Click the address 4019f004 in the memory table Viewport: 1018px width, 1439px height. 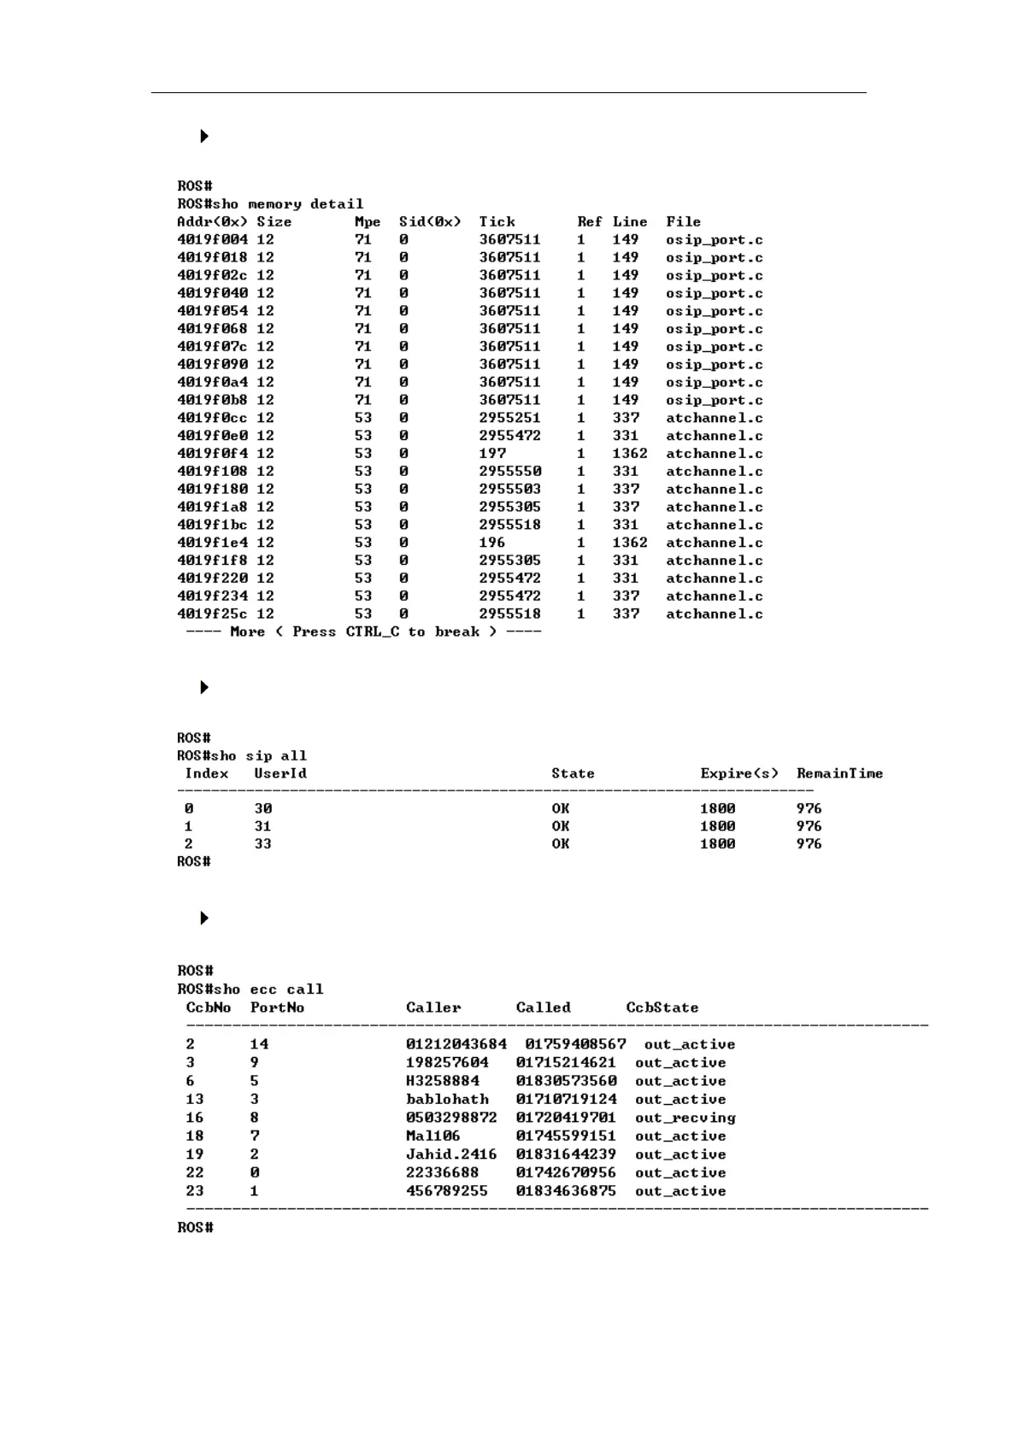click(x=212, y=240)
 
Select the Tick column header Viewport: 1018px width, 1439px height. click(x=497, y=222)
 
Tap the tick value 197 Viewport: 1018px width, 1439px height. click(x=492, y=454)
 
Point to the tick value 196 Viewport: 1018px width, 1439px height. click(x=492, y=543)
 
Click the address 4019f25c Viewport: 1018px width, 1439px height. click(x=212, y=614)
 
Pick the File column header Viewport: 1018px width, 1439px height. click(x=683, y=222)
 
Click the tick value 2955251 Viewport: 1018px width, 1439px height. click(x=509, y=418)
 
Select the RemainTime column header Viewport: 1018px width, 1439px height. click(x=839, y=773)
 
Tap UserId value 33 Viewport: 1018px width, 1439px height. click(x=262, y=844)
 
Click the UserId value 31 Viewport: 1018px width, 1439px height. click(x=262, y=826)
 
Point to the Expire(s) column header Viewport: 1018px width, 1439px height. click(x=739, y=773)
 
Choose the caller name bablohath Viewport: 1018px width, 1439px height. click(x=447, y=1100)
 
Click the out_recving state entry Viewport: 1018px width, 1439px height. click(x=685, y=1118)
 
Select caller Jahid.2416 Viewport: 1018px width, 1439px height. click(x=450, y=1154)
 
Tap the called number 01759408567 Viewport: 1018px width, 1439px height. click(x=575, y=1044)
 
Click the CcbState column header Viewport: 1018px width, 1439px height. click(x=662, y=1008)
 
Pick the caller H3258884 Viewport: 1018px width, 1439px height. click(x=443, y=1081)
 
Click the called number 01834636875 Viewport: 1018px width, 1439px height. click(x=565, y=1191)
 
